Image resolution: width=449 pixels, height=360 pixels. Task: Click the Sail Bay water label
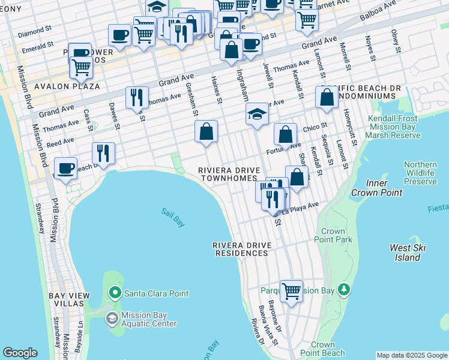172,217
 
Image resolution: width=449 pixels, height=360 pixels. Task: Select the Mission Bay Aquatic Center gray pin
112,318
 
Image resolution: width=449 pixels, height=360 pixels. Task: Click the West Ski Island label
408,253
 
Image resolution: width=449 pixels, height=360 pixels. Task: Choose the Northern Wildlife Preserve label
420,173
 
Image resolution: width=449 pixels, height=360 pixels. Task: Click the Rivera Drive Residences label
243,250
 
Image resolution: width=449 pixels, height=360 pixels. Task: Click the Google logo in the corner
20,353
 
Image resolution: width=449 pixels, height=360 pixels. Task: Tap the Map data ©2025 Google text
412,355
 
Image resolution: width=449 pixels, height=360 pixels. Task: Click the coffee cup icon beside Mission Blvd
65,167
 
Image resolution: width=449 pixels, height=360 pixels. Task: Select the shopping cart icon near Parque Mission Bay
291,291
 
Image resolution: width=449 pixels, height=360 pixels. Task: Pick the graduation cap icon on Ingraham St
257,113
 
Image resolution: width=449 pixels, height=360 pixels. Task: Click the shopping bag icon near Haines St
206,131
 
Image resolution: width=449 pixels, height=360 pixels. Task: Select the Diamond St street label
31,34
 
